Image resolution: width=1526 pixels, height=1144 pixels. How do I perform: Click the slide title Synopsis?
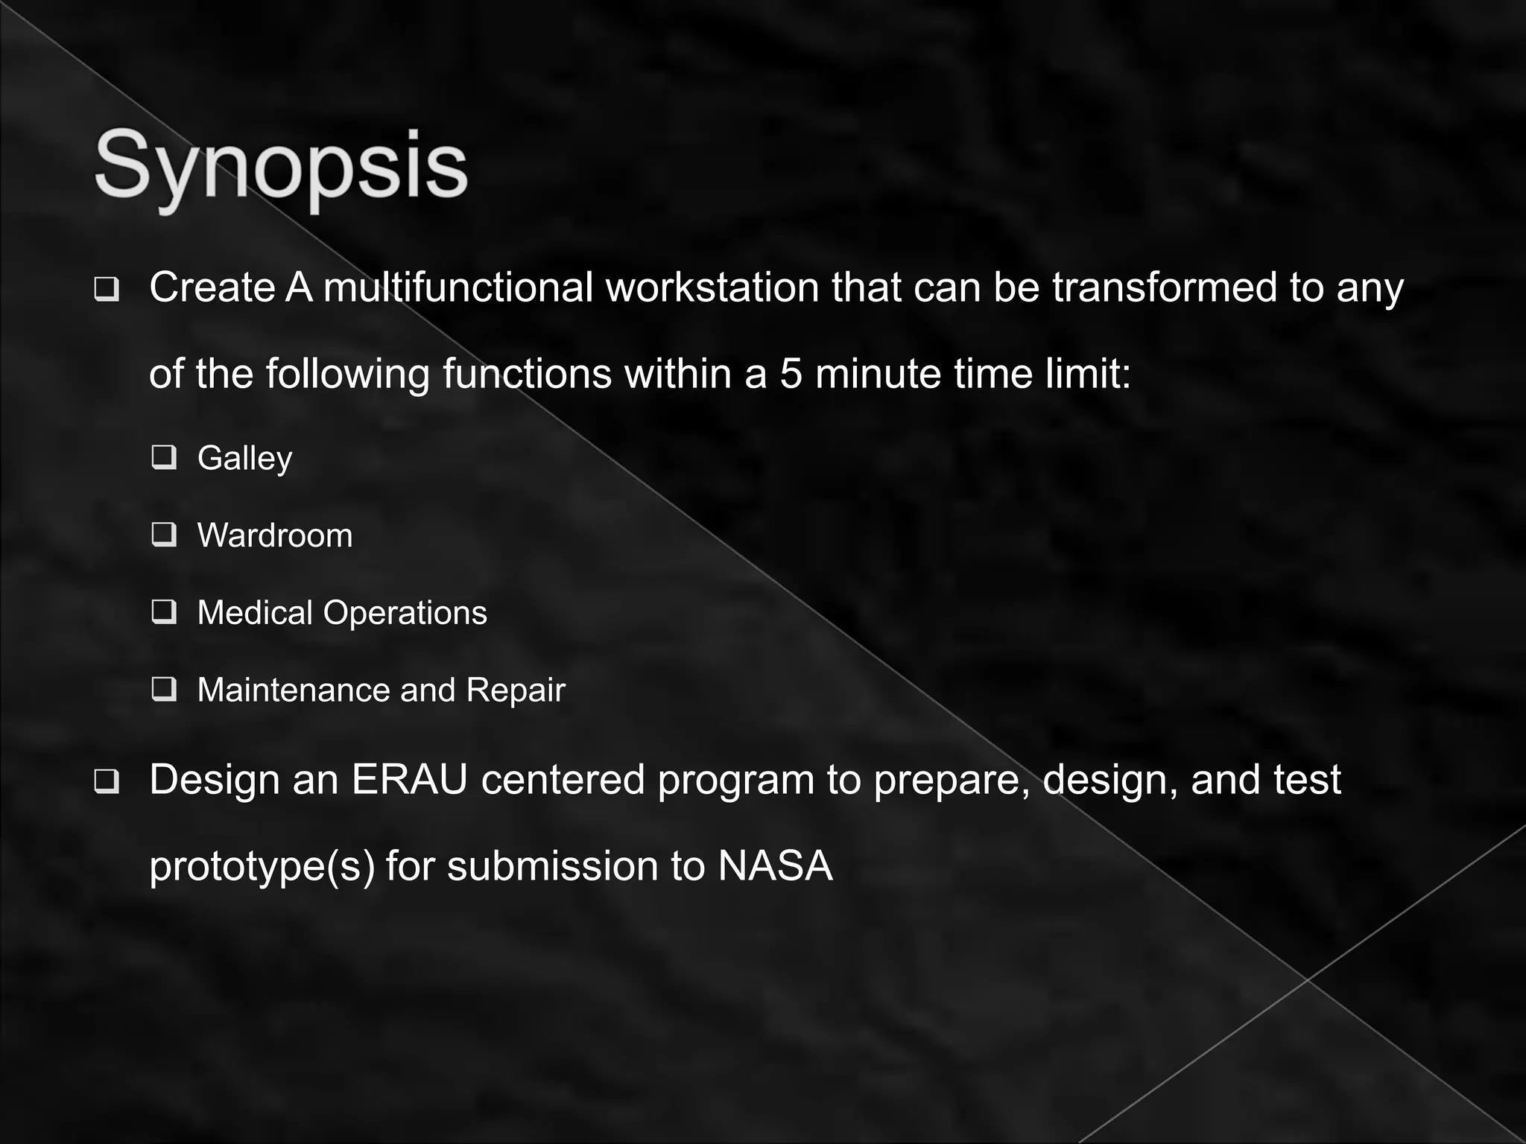[281, 165]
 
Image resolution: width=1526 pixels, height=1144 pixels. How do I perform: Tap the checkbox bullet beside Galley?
[164, 457]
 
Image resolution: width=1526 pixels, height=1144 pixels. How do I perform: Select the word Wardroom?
[275, 536]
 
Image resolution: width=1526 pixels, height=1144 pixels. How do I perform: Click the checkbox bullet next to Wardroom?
[164, 534]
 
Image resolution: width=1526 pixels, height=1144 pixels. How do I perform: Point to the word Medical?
[255, 613]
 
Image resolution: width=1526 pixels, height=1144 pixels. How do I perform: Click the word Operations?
[405, 613]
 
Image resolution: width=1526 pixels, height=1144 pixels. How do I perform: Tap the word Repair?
[516, 690]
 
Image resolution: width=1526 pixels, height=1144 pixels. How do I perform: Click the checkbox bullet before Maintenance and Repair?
[164, 689]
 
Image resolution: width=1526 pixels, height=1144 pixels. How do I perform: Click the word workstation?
[712, 287]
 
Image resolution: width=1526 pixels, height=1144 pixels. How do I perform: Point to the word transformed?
[1165, 287]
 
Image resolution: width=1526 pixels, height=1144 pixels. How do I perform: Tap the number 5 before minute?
[791, 374]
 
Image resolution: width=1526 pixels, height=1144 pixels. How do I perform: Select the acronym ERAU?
[409, 780]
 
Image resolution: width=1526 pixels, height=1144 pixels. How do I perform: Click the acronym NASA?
[775, 866]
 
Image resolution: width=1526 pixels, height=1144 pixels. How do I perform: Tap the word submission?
[551, 866]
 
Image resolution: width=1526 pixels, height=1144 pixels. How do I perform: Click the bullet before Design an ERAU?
[107, 783]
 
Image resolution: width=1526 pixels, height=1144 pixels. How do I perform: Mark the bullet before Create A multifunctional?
[107, 290]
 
